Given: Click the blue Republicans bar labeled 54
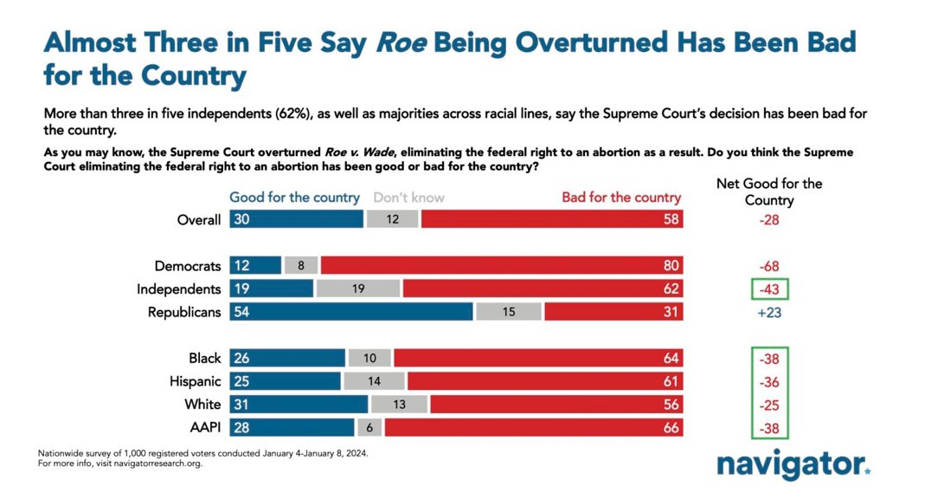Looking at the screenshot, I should [x=351, y=312].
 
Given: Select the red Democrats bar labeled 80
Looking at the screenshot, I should [x=501, y=266].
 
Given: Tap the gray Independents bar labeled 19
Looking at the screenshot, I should [x=358, y=289].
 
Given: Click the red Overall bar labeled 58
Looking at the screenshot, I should [x=552, y=220].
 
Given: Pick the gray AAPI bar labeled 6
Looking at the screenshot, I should [x=369, y=427].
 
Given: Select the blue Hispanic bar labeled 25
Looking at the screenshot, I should [x=286, y=381].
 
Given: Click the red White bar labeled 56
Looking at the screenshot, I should [x=556, y=405].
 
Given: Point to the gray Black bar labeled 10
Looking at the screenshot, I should [x=369, y=358].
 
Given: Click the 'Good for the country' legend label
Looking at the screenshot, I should [x=294, y=198].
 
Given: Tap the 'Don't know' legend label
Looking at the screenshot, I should [x=408, y=198].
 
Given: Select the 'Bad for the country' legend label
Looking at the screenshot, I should [x=621, y=198].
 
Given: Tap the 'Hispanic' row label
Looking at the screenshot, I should [x=195, y=381].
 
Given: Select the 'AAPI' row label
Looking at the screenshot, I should [x=203, y=427].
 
